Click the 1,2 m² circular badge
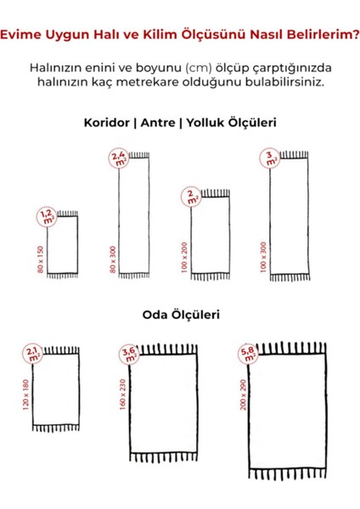coord(47,217)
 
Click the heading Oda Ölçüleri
coord(180,315)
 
